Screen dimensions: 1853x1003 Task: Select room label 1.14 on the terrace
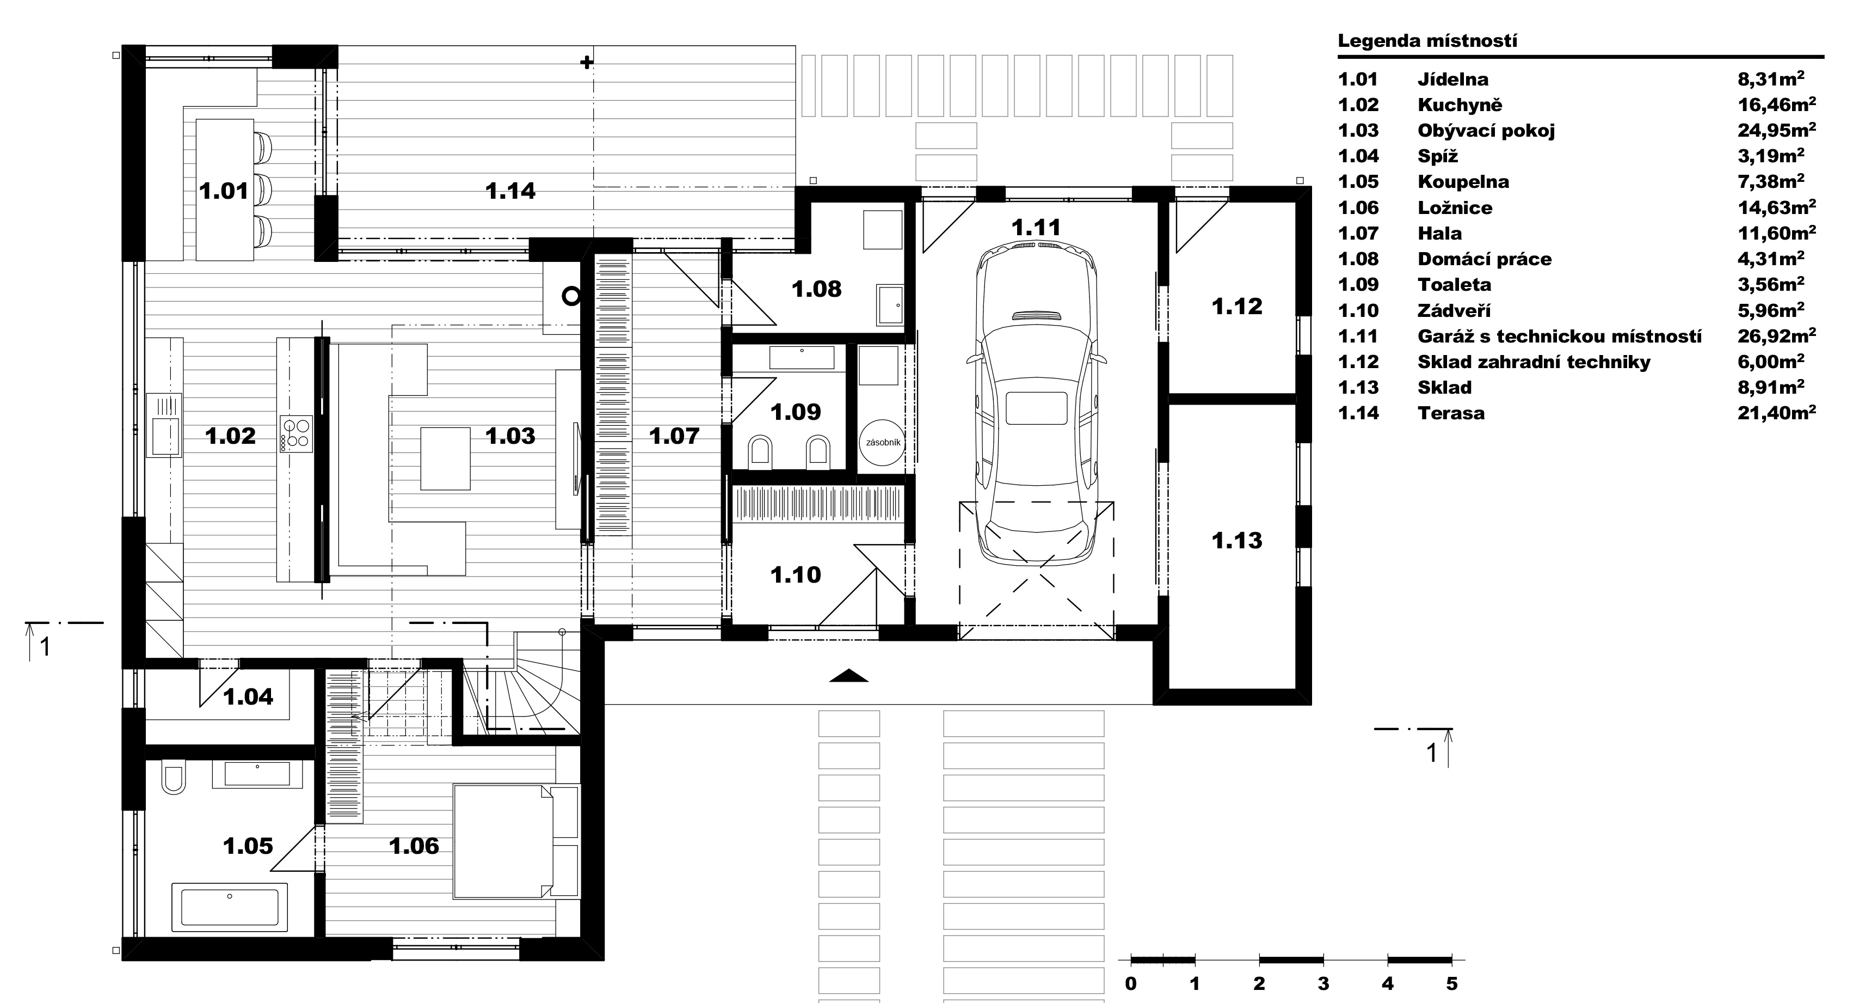pos(510,191)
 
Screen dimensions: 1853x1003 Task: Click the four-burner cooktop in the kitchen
pos(296,434)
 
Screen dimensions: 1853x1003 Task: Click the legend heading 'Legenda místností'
pos(1427,40)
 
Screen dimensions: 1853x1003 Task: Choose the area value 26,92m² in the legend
pos(1777,335)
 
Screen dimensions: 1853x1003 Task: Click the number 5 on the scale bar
pos(1451,983)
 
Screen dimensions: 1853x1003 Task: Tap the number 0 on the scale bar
pos(1131,983)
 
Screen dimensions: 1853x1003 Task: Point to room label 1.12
pos(1236,307)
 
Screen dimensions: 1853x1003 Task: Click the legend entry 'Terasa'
pos(1451,413)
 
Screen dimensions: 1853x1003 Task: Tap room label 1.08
pos(816,289)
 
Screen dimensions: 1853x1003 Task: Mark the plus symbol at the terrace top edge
pos(587,63)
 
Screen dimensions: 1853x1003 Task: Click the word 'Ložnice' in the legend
pos(1455,207)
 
